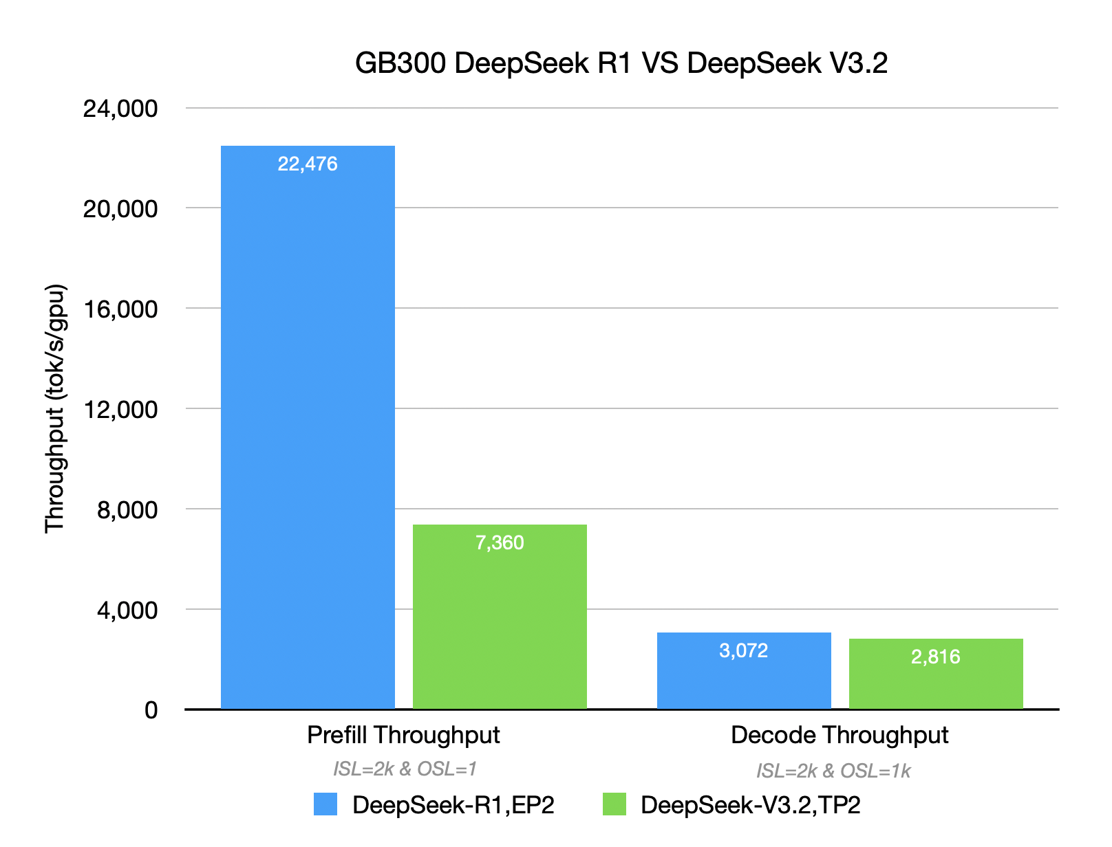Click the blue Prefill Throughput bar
click(x=308, y=426)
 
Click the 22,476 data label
click(x=308, y=164)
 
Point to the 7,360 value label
click(x=500, y=543)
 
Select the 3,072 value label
click(x=743, y=650)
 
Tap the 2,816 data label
click(x=935, y=657)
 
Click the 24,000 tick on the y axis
click(x=120, y=109)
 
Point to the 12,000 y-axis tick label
click(x=120, y=410)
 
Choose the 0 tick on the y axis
click(x=151, y=710)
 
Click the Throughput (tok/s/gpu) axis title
click(x=54, y=408)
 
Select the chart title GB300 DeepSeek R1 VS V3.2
click(x=621, y=63)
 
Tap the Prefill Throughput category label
click(x=403, y=735)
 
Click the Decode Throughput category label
click(x=840, y=735)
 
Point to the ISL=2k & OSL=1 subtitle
click(x=405, y=769)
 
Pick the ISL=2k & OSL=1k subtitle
click(x=833, y=771)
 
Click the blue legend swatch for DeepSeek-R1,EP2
click(x=325, y=804)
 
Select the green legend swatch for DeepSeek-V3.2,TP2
click(x=614, y=804)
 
